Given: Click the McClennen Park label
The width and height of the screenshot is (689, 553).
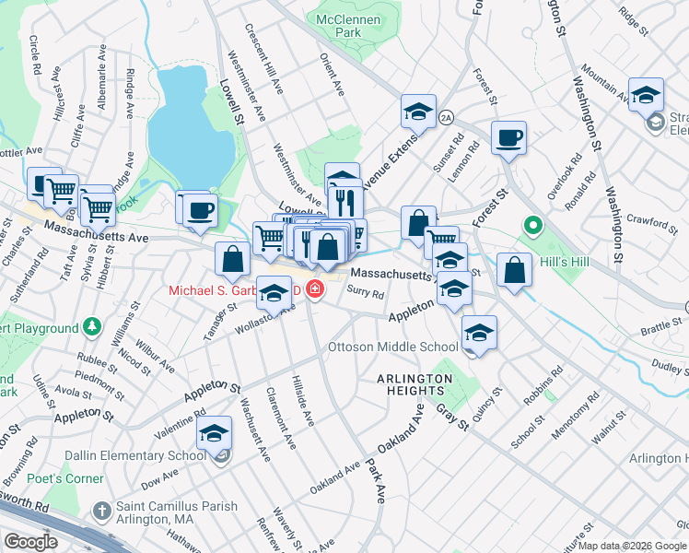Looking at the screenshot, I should click(x=336, y=25).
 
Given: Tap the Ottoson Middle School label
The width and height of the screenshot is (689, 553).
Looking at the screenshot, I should click(x=393, y=347).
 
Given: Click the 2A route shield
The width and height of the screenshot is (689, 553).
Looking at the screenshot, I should click(x=447, y=117).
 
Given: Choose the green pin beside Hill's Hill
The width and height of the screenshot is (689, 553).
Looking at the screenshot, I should click(x=531, y=225).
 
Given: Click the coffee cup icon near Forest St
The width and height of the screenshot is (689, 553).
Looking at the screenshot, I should click(x=508, y=139).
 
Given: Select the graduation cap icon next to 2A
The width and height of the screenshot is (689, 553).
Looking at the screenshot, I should click(x=418, y=112).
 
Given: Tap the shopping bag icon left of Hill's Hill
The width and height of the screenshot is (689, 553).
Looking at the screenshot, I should click(x=515, y=271).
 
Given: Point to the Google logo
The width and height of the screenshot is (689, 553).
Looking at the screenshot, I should click(x=29, y=541).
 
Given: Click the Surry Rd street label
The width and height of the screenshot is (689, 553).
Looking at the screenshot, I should click(x=366, y=291).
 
